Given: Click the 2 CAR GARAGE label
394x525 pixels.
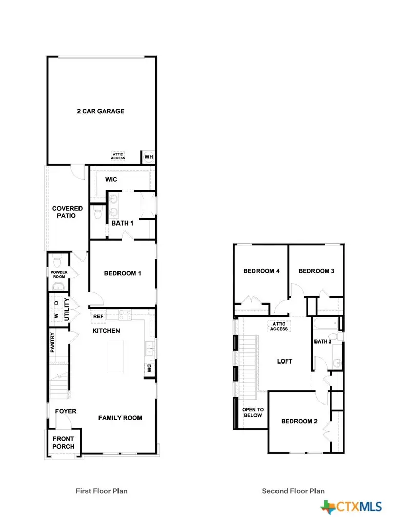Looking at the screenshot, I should pos(101,111).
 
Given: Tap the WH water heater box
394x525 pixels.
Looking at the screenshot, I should pos(148,157).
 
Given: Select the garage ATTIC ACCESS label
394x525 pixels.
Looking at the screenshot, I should pos(118,156).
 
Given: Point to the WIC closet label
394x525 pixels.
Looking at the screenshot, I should pos(111,179).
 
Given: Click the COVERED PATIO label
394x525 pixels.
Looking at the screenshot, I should pos(67,212).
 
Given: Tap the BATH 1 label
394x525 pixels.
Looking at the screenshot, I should pos(123,223).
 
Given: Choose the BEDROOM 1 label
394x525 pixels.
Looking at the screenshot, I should pos(122,273).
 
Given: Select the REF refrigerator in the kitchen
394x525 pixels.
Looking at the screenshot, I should pos(97,317).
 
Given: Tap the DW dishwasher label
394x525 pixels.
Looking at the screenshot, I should pos(149,368).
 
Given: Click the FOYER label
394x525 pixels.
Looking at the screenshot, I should pos(66,411).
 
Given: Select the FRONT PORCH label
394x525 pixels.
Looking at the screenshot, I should pos(63,442).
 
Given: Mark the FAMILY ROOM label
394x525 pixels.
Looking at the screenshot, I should pos(120,418).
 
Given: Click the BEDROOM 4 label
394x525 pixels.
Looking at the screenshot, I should pos(261,271).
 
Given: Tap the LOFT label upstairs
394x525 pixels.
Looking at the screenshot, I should pos(284,361).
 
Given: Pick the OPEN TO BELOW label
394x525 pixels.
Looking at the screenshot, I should pos(252,412).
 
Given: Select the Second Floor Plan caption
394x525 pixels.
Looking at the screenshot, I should pos(293,491).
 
